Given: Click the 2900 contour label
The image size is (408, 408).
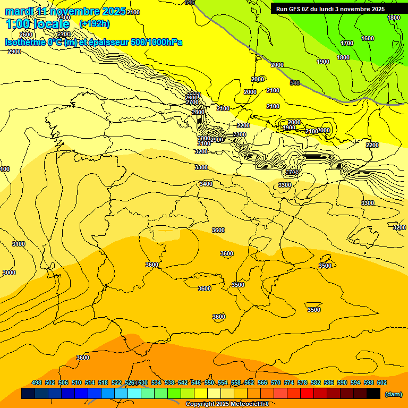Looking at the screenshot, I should [x=14, y=52].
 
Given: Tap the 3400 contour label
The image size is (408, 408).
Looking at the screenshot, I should [x=206, y=184].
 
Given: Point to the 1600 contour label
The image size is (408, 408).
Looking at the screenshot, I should [x=368, y=38].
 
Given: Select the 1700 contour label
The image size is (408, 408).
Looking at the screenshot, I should [x=347, y=43].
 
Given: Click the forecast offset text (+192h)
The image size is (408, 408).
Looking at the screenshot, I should [x=95, y=23].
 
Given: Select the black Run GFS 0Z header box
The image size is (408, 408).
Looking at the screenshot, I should [x=338, y=8].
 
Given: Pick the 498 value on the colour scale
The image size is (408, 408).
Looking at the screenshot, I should [x=37, y=382].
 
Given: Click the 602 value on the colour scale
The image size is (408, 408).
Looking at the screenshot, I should [x=382, y=382].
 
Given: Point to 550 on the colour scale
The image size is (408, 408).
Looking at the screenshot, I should [x=209, y=382].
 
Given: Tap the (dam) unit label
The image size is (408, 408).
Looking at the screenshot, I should [x=393, y=394].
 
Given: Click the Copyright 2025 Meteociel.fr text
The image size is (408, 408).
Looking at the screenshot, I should [x=227, y=404].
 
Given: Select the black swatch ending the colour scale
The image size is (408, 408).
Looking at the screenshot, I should [x=373, y=394].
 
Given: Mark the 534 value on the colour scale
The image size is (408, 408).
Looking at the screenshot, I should [x=156, y=382].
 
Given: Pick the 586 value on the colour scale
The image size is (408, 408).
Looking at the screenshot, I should [x=329, y=382].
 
